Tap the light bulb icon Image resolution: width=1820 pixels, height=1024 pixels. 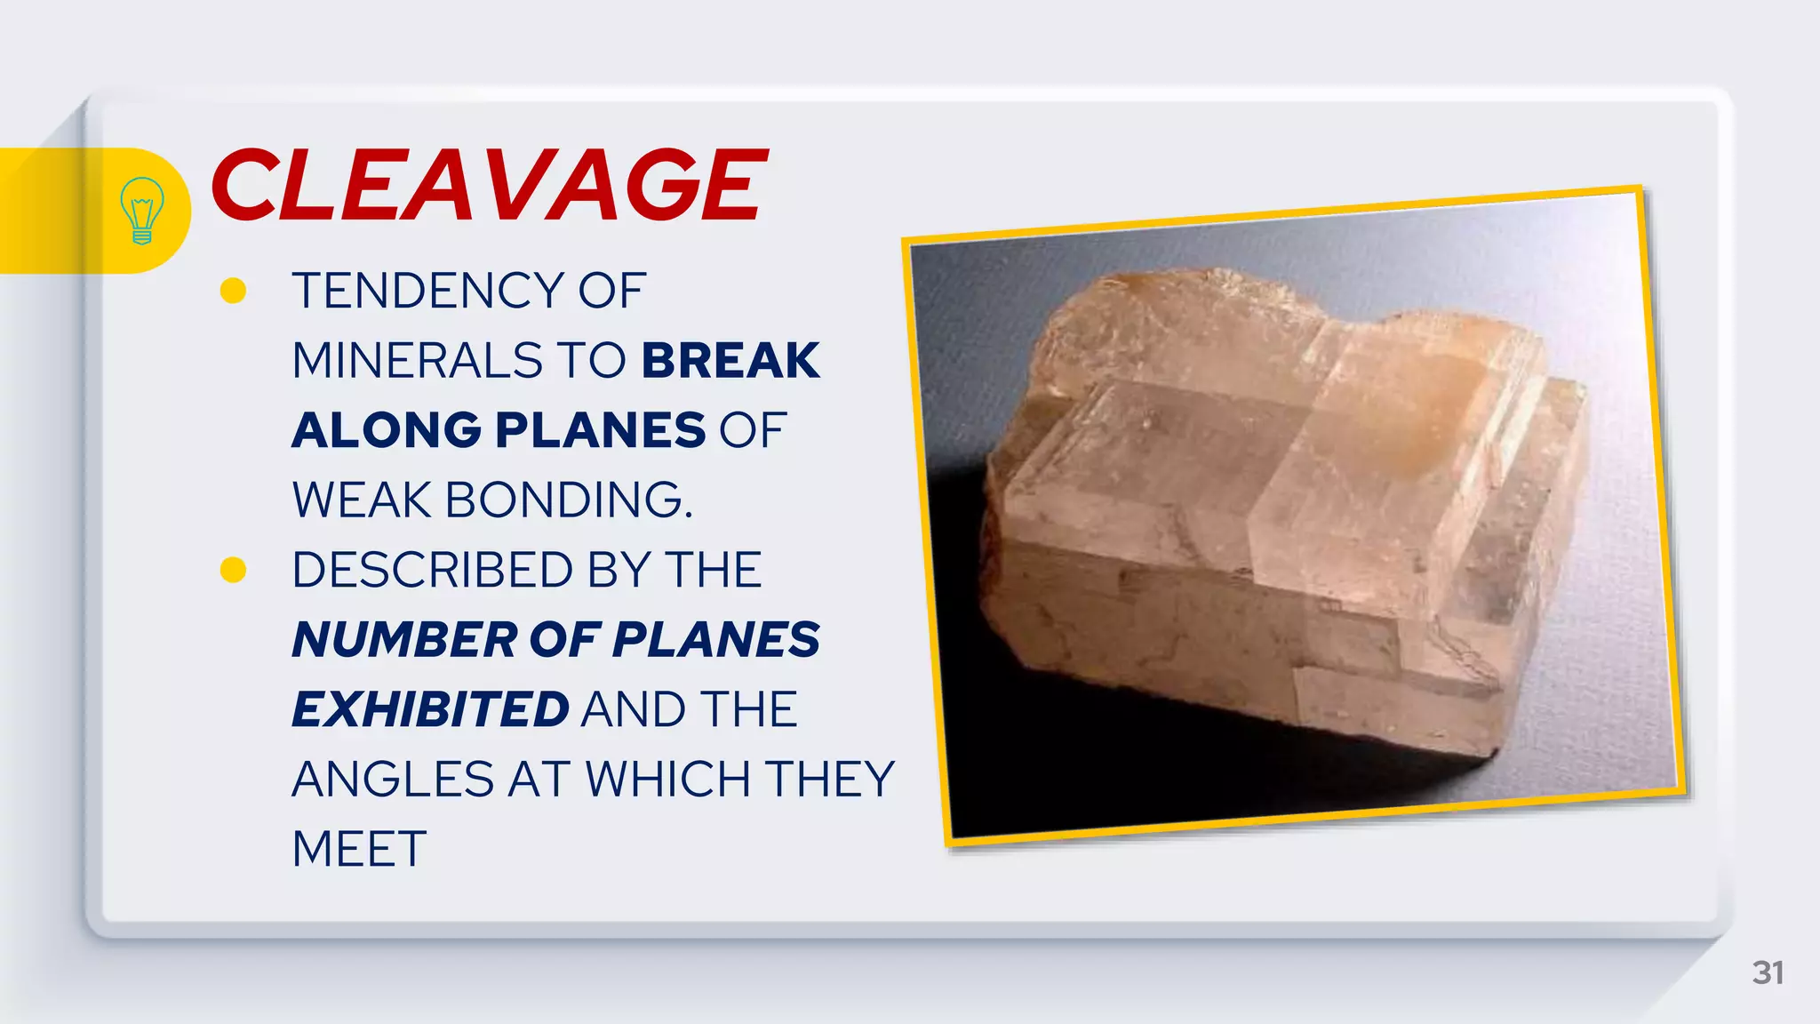point(141,211)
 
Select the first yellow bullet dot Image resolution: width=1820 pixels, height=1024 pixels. point(233,291)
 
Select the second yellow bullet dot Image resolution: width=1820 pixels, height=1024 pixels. point(233,570)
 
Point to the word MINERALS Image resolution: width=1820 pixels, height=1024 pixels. point(415,361)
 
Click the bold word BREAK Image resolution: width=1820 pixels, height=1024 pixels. point(730,361)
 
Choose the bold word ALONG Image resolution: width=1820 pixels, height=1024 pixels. point(387,430)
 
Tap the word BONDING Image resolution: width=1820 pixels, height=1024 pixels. point(568,500)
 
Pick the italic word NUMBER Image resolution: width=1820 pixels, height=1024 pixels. point(404,640)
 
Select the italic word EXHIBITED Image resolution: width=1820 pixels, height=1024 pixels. point(430,709)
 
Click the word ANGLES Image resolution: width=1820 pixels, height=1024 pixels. point(392,780)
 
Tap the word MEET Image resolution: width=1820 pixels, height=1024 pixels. point(359,849)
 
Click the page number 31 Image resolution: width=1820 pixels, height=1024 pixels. point(1768,972)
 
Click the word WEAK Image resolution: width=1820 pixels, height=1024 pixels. point(362,500)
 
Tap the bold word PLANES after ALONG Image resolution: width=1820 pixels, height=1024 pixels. point(600,430)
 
